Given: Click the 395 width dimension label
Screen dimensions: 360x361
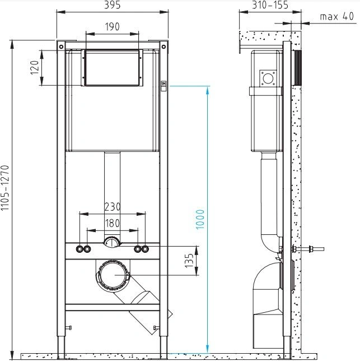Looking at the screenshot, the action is click(112, 5).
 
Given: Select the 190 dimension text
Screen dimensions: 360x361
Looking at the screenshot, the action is click(112, 27).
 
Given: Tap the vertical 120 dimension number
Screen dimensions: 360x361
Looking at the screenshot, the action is click(35, 67).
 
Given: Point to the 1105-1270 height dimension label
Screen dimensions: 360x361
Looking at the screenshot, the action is click(5, 188).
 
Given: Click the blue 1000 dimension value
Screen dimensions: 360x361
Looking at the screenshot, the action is click(200, 219).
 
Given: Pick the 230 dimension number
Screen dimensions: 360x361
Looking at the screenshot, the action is click(113, 207).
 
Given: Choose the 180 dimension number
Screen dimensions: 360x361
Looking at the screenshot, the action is click(113, 223).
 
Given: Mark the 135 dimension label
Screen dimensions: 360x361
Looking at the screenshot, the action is click(189, 261).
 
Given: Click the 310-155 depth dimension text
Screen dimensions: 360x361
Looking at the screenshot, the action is click(270, 5).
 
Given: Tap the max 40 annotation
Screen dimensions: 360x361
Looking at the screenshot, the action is click(337, 16).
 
